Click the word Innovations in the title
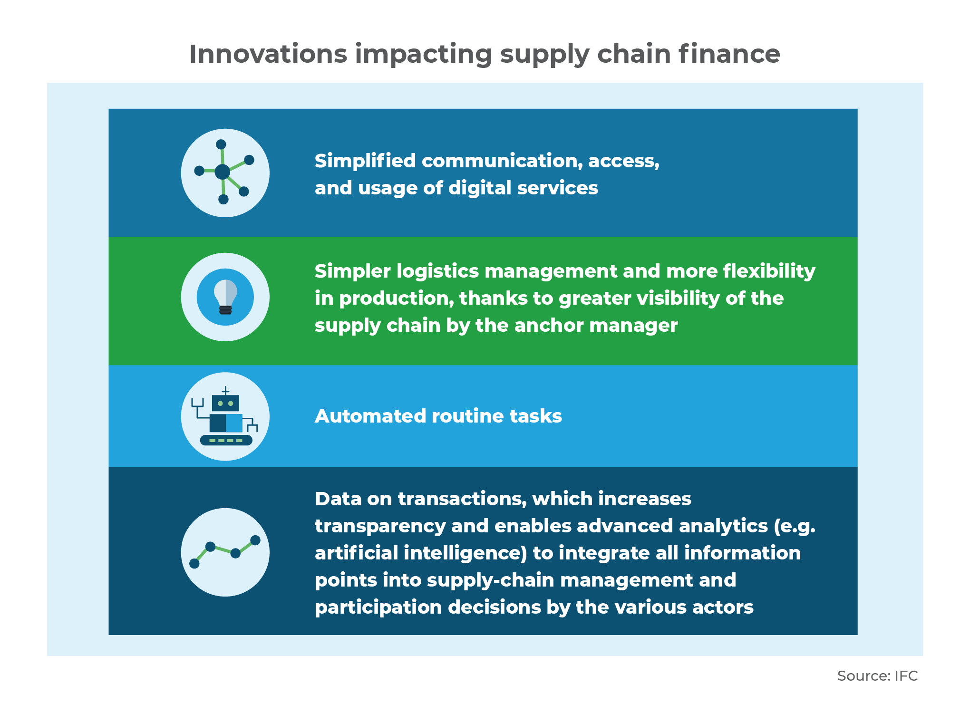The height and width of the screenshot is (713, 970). [268, 54]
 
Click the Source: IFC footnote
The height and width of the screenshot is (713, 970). [877, 675]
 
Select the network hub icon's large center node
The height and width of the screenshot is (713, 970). [222, 172]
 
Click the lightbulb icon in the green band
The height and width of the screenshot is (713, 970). [225, 297]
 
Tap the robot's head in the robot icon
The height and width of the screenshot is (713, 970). [225, 403]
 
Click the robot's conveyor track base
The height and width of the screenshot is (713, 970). [226, 440]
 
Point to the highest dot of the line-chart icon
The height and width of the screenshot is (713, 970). [255, 540]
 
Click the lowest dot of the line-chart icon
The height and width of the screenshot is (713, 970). [194, 563]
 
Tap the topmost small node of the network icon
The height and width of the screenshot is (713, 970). [221, 145]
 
